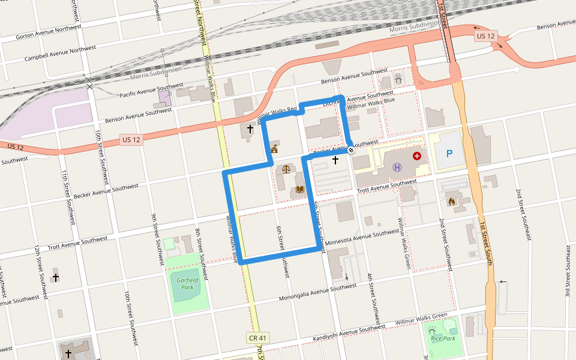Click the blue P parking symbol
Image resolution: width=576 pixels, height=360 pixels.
click(x=449, y=154)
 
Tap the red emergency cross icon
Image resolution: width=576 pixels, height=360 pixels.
click(x=417, y=156)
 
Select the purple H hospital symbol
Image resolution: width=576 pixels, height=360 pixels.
click(x=397, y=167)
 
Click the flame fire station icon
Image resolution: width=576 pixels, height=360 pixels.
click(x=451, y=202)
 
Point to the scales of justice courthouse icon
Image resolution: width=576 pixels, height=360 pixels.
click(x=286, y=170)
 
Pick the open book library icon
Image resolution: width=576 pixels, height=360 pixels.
click(x=299, y=190)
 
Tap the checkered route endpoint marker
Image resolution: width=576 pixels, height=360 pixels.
click(x=350, y=150)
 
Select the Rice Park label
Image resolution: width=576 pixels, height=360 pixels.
click(x=443, y=338)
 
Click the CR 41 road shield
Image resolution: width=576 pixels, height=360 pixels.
click(x=257, y=338)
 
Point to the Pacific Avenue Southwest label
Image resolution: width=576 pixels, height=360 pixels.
click(x=151, y=91)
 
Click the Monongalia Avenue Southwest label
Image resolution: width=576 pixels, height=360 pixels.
click(x=318, y=293)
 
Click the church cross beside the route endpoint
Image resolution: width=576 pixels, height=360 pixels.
click(x=335, y=160)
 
